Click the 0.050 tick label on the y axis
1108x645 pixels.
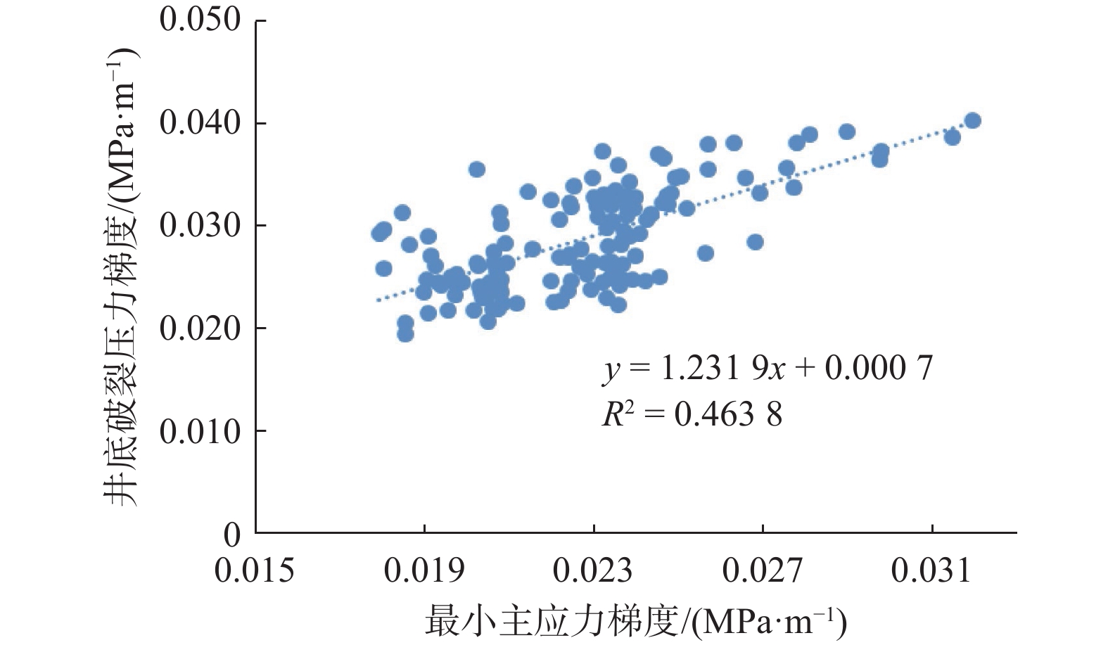pyautogui.click(x=200, y=20)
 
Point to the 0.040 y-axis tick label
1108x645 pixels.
pyautogui.click(x=200, y=123)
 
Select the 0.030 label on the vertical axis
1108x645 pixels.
pyautogui.click(x=200, y=226)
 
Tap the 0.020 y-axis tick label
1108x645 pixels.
pyautogui.click(x=200, y=328)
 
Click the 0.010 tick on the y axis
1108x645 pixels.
pyautogui.click(x=200, y=431)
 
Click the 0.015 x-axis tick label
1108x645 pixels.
pyautogui.click(x=255, y=570)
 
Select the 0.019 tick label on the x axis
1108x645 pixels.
pyautogui.click(x=424, y=570)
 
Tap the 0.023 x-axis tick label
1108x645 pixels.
pyautogui.click(x=593, y=570)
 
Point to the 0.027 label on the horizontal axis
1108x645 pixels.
pyautogui.click(x=762, y=570)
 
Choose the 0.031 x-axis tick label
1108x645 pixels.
pyautogui.click(x=931, y=570)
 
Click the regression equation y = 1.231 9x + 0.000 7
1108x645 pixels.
pyautogui.click(x=767, y=369)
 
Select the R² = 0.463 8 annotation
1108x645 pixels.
pyautogui.click(x=692, y=414)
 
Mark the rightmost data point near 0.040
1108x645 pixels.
pyautogui.click(x=972, y=120)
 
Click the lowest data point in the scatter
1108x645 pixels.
pyautogui.click(x=405, y=333)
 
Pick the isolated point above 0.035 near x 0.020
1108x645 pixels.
pyautogui.click(x=477, y=169)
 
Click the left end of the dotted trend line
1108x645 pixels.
pyautogui.click(x=378, y=300)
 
